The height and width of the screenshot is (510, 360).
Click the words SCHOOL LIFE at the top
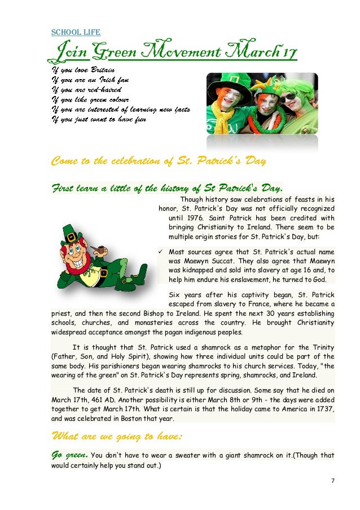pos(76,32)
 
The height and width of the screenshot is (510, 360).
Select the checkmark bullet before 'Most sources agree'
pos(163,251)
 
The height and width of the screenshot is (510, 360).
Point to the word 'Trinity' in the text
pos(322,347)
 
